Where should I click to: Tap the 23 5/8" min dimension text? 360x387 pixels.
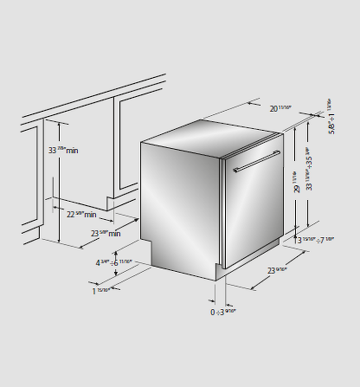coord(105,233)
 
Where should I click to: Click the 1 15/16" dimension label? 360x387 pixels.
coord(102,291)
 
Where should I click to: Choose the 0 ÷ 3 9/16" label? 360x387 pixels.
coord(222,312)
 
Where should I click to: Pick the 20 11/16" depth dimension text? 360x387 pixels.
coord(281,108)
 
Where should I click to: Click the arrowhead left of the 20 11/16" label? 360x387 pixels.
coord(251,103)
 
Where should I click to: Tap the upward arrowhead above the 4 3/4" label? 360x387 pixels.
coord(118,252)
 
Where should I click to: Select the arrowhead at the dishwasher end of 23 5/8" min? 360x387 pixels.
coord(137,220)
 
